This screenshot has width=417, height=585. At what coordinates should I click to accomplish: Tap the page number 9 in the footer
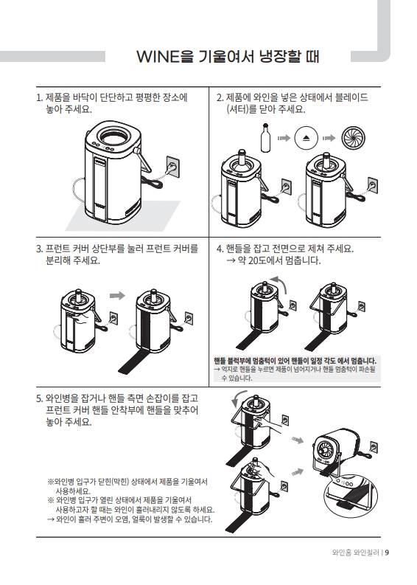pos(387,553)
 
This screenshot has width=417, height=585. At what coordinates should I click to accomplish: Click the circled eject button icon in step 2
pos(306,138)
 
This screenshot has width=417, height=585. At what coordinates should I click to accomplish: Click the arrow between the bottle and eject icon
pos(284,138)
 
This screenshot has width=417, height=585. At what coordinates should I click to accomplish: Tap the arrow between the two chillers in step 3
pos(117,296)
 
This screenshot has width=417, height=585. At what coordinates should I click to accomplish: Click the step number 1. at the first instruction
pos(40,98)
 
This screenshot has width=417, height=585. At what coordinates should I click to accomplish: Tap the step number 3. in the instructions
pos(40,249)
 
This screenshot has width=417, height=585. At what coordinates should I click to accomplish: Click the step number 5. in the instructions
pos(40,398)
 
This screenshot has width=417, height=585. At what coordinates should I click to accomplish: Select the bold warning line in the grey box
pos(295,361)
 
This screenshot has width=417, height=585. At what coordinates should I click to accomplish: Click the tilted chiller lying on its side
pos(336,451)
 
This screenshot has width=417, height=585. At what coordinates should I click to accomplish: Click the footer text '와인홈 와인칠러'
pos(356,553)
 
